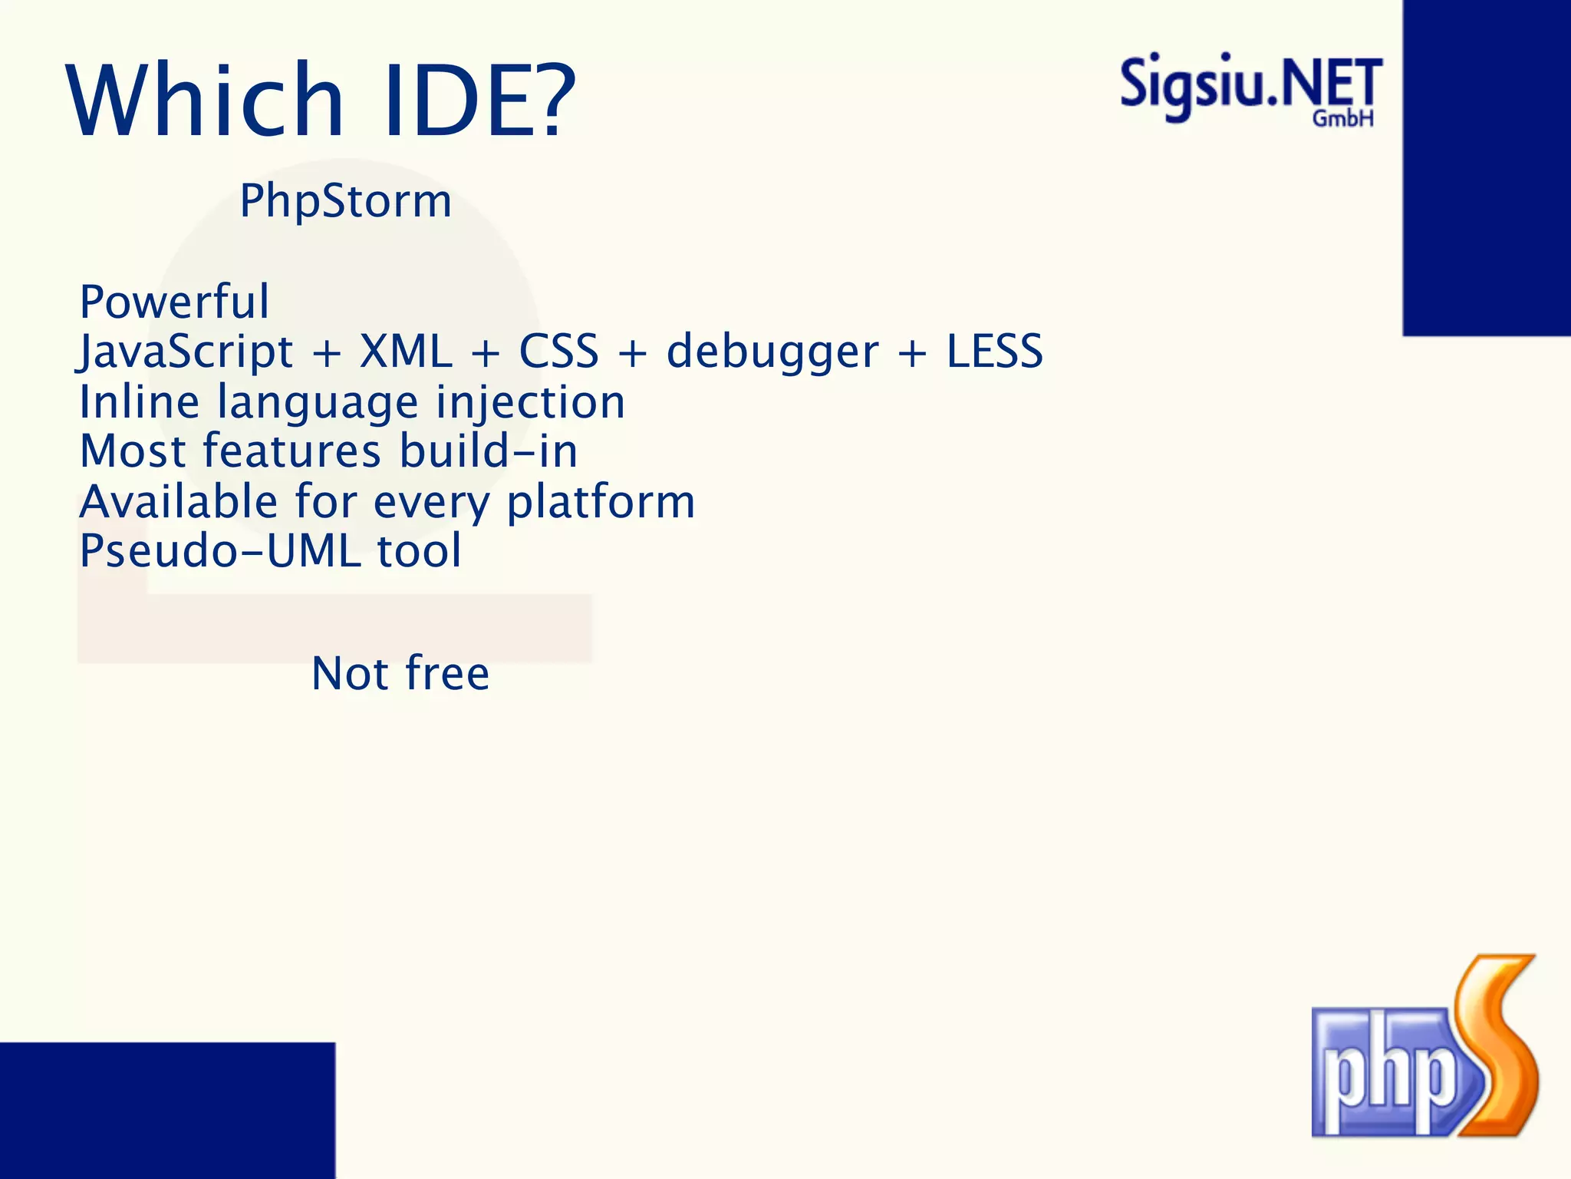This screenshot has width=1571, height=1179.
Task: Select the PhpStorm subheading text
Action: coord(345,201)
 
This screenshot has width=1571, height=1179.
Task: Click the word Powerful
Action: coord(174,301)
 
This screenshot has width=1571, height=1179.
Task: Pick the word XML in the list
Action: coord(406,352)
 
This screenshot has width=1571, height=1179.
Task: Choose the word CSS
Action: coord(558,352)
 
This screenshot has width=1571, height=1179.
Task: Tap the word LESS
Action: coord(994,352)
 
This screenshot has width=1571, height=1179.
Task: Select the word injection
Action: coord(530,403)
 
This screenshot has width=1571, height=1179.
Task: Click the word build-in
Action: coord(489,451)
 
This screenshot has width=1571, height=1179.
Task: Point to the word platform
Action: coord(601,503)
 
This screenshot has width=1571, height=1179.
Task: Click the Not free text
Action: coord(400,674)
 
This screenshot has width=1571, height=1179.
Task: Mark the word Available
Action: coord(178,502)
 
